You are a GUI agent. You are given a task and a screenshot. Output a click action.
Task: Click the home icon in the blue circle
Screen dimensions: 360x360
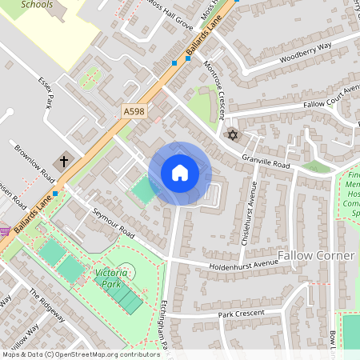tap(180, 173)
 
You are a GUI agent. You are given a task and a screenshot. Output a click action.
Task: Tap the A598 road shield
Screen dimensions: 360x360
tap(134, 112)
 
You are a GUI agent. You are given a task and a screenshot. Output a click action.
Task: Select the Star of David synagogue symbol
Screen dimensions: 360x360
tap(233, 133)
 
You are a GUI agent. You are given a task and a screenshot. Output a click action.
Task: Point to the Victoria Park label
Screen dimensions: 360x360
tap(112, 278)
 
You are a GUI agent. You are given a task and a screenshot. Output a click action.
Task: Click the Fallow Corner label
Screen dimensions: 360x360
tap(315, 255)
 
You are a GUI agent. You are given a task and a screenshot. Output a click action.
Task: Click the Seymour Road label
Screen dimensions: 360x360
tap(114, 222)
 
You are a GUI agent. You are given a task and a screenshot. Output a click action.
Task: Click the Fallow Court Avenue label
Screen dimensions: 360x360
tap(320, 98)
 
